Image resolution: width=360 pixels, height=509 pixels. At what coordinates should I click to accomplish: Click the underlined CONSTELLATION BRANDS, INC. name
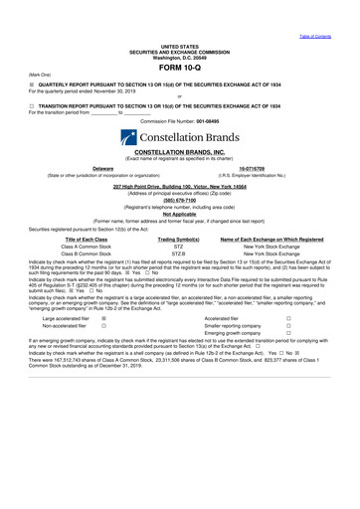[179, 151]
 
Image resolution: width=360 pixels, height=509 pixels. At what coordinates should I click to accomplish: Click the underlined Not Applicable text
[179, 213]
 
